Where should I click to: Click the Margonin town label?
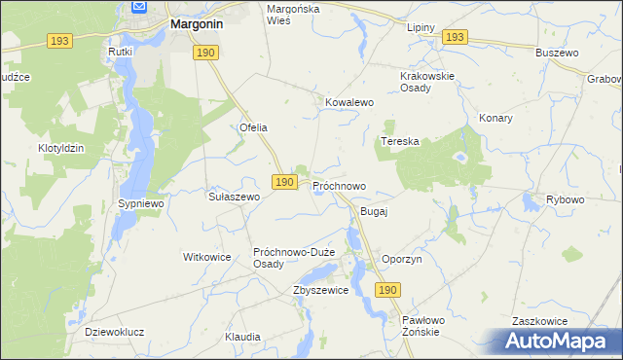201,21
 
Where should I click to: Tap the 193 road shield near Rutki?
60,41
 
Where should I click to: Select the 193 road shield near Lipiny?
454,37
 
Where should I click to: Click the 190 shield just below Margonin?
204,53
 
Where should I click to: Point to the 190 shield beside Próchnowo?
283,182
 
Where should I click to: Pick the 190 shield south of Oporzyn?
387,291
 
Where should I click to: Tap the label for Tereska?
399,141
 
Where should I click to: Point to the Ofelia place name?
253,127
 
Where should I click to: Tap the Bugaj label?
375,211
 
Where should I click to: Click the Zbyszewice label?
320,290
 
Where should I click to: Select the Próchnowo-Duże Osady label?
294,258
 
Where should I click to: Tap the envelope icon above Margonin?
138,7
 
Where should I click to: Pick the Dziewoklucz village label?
115,332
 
